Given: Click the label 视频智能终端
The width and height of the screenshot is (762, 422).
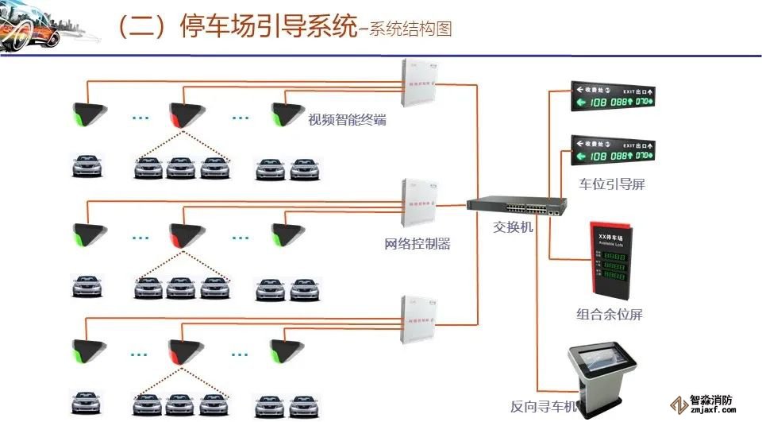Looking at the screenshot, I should (347, 121).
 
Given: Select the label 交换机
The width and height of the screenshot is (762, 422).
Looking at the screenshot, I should (514, 226).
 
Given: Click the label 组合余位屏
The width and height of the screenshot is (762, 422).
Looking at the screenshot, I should (609, 314).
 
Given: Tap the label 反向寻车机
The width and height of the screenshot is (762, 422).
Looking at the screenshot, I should (544, 408).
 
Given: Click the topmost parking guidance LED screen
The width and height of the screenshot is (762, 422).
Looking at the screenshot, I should (612, 95).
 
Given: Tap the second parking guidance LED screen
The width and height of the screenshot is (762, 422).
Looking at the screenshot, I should (612, 149).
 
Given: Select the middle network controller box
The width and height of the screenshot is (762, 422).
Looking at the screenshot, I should (420, 203).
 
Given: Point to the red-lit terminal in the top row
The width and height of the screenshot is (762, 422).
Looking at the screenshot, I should (183, 114).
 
